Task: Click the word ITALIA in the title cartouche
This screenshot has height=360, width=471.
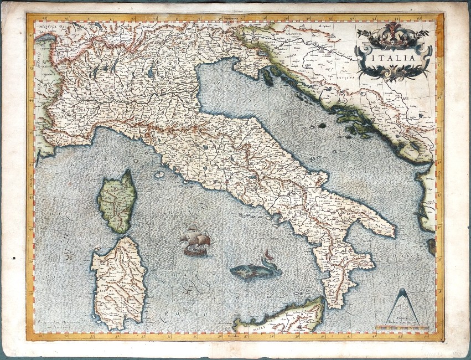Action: (x=394, y=57)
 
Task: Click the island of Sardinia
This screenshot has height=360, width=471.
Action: (x=118, y=282)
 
